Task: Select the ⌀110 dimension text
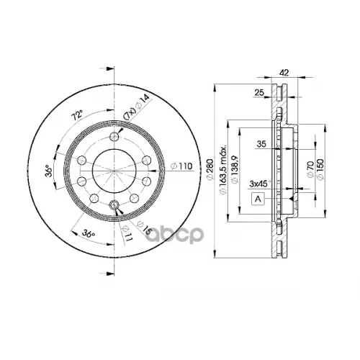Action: (182, 167)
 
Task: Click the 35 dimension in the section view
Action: (261, 145)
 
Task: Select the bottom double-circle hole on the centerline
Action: (113, 207)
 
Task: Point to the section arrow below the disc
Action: (109, 271)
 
